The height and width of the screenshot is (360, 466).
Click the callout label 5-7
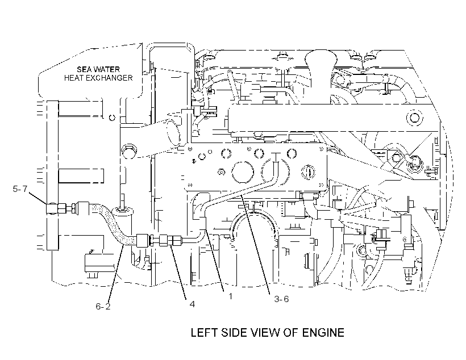20,189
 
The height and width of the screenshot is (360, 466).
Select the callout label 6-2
103,307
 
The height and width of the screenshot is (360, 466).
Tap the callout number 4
192,304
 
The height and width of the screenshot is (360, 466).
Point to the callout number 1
230,296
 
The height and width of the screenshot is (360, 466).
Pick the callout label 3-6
281,299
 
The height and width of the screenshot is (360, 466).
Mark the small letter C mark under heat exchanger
112,118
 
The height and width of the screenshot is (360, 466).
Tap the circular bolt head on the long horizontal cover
414,118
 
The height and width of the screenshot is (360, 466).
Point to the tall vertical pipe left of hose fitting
52,175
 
